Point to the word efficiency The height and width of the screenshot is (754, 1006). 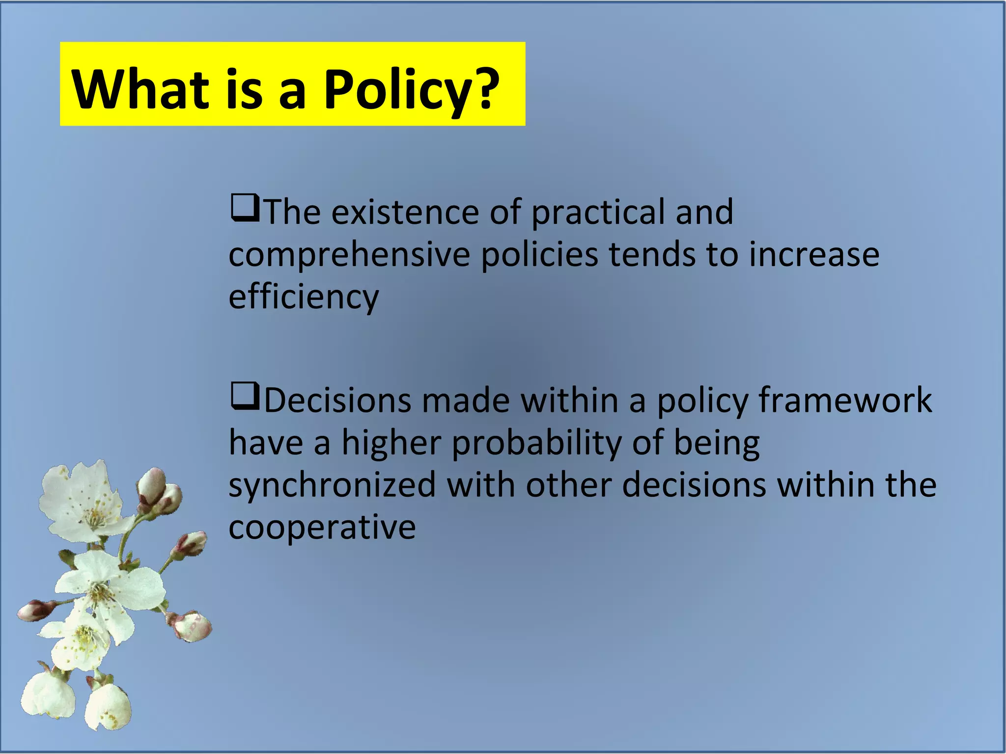[x=304, y=297]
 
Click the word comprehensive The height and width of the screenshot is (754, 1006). [x=349, y=255]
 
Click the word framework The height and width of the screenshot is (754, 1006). [x=845, y=401]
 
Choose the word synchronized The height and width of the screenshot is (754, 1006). [x=332, y=485]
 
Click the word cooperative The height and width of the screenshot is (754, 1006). [x=322, y=527]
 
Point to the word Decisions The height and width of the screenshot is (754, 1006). [x=338, y=401]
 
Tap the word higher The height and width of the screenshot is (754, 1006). [x=391, y=443]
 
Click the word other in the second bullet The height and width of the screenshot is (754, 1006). [x=569, y=485]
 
